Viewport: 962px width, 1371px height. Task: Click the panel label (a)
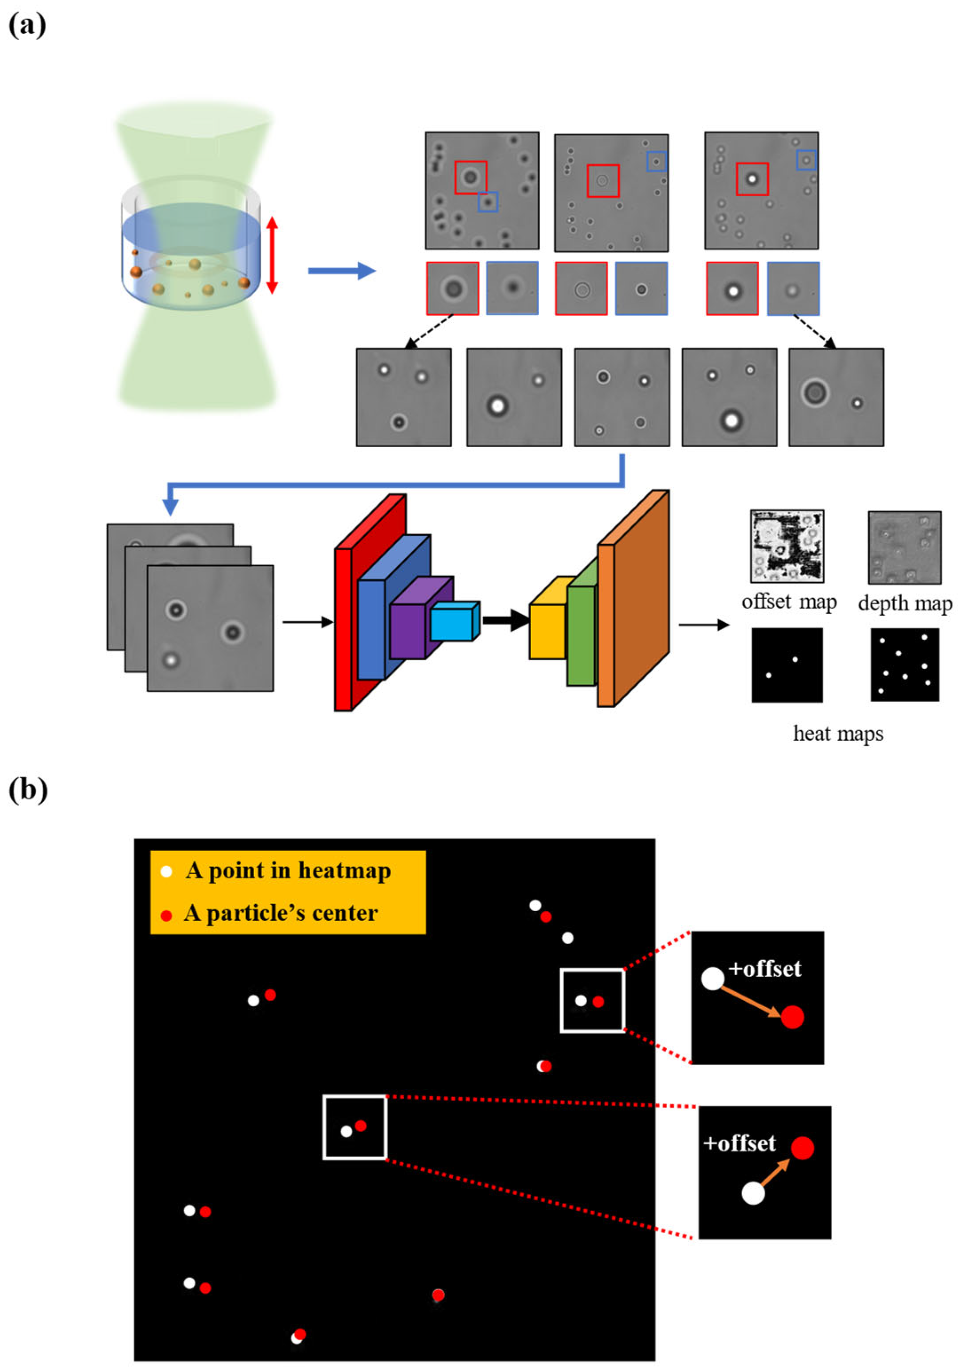click(27, 26)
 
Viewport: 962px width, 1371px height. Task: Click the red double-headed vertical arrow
click(272, 255)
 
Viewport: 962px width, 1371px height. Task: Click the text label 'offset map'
click(788, 602)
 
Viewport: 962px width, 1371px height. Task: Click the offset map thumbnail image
click(787, 546)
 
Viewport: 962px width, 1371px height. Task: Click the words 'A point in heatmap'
click(288, 870)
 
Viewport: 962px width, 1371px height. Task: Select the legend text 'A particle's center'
click(281, 913)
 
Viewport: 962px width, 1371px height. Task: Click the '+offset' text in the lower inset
click(739, 1144)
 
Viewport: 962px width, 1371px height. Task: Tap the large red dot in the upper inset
click(792, 1016)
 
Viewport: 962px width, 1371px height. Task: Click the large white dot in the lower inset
click(753, 1194)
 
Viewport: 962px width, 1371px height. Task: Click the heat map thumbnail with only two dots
click(787, 665)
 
